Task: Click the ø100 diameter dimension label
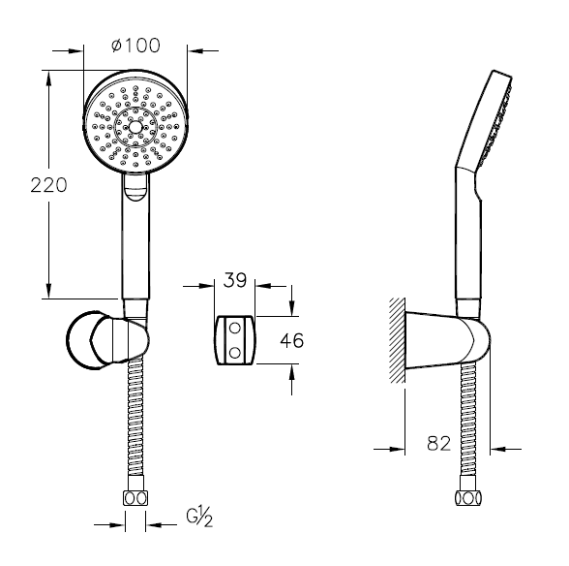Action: click(x=135, y=46)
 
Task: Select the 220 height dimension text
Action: click(x=48, y=185)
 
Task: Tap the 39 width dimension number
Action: click(x=235, y=280)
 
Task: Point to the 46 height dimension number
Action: click(x=292, y=340)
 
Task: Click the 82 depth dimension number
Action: click(x=438, y=443)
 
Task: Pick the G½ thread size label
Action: click(x=199, y=517)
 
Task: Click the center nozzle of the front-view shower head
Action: click(x=135, y=127)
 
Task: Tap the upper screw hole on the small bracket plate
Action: click(x=235, y=329)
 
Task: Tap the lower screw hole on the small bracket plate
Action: click(x=235, y=352)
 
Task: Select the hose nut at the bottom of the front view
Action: click(x=135, y=497)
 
